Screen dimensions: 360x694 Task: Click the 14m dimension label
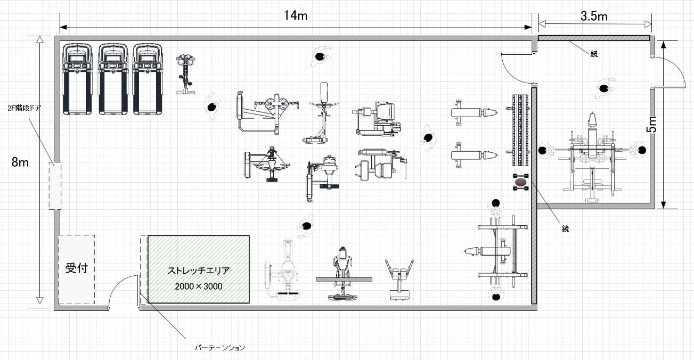(295, 15)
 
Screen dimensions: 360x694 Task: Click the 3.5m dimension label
(594, 16)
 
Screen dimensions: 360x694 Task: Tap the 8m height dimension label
(20, 162)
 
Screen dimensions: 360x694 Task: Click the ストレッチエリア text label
(199, 271)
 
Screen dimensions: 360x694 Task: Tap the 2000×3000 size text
(199, 286)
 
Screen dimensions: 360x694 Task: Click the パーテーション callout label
(219, 348)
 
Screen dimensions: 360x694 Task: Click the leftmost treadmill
(78, 79)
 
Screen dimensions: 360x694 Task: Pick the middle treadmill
(113, 79)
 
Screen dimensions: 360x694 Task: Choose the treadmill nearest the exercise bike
(147, 79)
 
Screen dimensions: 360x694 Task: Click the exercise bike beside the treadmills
(185, 74)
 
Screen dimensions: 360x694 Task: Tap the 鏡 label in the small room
(594, 54)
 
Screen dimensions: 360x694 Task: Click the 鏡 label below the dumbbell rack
(565, 228)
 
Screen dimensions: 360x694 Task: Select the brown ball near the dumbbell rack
(520, 184)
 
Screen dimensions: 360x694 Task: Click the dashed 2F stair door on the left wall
(55, 186)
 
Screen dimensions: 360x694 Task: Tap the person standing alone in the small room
(603, 88)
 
